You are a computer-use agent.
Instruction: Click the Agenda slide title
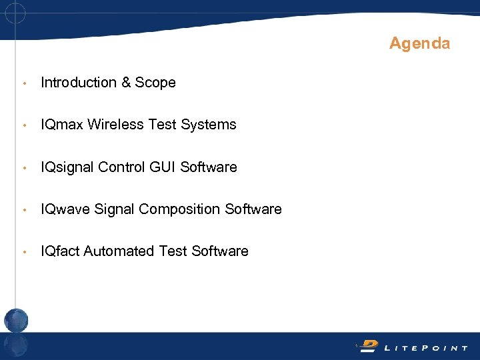419,44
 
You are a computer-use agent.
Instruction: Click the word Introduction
79,83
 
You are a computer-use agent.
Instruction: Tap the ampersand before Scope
126,83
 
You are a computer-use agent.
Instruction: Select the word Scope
155,83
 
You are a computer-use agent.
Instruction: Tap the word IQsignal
67,167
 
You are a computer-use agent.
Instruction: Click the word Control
122,167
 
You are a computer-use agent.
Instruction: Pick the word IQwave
65,209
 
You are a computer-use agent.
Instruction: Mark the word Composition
180,209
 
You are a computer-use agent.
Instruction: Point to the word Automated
119,251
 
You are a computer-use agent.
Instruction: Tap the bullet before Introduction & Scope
24,83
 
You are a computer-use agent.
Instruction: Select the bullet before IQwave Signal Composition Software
24,210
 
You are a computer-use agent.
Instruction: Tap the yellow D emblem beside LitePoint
368,345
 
